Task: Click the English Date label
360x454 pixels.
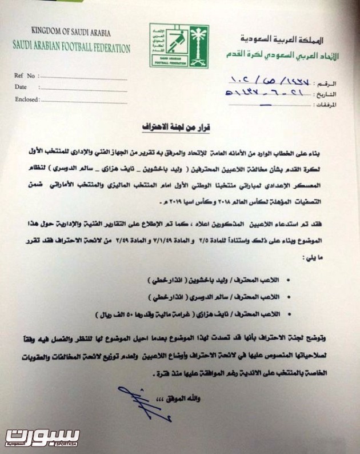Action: pos(21,87)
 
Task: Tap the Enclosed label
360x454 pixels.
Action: pos(26,99)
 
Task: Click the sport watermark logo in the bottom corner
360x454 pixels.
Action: pos(42,437)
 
